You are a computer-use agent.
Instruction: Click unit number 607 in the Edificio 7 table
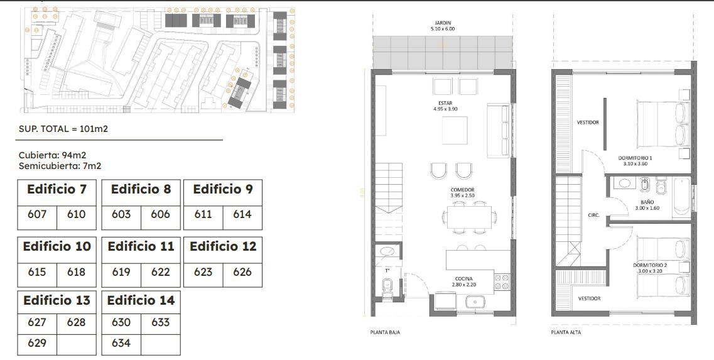click(37, 214)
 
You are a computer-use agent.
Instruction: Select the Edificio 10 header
click(57, 246)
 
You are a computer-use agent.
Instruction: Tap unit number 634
click(121, 342)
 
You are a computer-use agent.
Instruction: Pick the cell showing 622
click(160, 272)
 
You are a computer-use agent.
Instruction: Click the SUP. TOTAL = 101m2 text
click(63, 129)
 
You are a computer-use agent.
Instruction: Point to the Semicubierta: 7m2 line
click(60, 166)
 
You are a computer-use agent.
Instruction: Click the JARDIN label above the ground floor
click(443, 23)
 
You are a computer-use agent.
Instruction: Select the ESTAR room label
click(445, 104)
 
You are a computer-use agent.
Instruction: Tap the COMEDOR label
click(463, 190)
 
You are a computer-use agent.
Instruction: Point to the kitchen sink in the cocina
click(475, 302)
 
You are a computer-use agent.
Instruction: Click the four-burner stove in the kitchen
click(502, 282)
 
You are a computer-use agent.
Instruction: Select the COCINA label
click(463, 278)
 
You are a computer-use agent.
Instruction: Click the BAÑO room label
click(647, 202)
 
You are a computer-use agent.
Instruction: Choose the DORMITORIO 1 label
click(635, 158)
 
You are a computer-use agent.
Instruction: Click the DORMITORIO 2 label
click(650, 265)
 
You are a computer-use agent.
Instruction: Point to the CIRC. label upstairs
click(594, 215)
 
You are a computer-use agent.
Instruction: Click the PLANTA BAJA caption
click(385, 332)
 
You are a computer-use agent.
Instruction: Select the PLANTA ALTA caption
click(566, 332)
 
